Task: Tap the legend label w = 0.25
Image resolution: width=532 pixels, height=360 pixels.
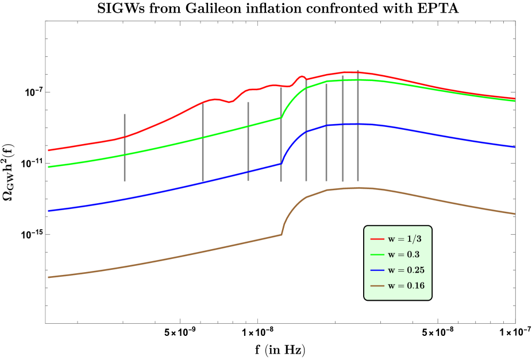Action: [x=406, y=270]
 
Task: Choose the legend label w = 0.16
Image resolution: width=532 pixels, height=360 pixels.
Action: [x=406, y=285]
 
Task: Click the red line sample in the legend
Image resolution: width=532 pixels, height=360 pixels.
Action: [x=377, y=239]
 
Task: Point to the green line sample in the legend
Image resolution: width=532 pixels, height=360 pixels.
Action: [x=377, y=254]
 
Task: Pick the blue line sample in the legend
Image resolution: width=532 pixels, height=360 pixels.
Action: [x=377, y=270]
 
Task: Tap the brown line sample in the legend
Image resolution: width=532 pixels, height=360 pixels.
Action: [x=377, y=285]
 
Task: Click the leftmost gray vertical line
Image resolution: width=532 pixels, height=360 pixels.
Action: [x=125, y=148]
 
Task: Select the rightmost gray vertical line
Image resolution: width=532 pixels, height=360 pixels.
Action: [x=358, y=126]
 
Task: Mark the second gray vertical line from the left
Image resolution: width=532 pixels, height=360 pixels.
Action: [x=203, y=142]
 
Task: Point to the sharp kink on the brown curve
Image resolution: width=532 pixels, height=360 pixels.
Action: [x=282, y=234]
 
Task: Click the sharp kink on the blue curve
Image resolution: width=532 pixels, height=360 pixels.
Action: [x=281, y=163]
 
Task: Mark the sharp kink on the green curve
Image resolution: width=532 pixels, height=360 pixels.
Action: [x=281, y=117]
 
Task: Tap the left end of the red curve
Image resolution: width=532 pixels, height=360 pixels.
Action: [x=49, y=150]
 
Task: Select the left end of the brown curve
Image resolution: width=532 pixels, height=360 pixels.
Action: [x=49, y=277]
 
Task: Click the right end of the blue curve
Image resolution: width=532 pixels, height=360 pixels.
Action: [x=514, y=147]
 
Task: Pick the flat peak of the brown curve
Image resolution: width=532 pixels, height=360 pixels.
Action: [x=358, y=188]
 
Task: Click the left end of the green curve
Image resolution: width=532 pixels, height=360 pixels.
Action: [x=49, y=167]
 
